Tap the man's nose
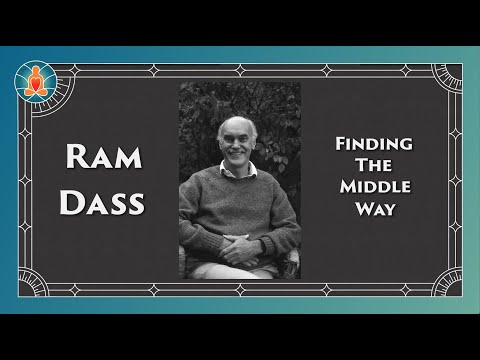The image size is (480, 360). [238, 139]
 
